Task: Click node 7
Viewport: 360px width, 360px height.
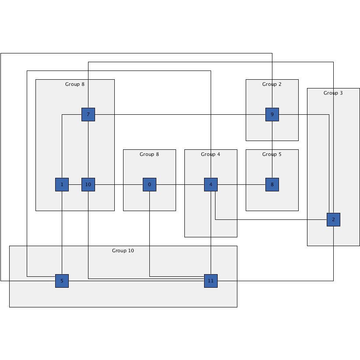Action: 88,114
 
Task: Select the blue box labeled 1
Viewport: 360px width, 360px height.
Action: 62,184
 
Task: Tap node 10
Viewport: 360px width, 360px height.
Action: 88,184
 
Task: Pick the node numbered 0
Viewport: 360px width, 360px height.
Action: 149,184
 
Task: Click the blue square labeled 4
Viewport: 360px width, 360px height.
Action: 211,184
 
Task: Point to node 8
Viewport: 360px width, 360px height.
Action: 272,184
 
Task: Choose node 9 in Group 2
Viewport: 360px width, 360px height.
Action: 272,114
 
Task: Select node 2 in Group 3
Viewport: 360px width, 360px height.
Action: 333,219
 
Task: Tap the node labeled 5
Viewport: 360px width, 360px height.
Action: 62,281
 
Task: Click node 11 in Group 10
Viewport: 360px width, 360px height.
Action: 211,281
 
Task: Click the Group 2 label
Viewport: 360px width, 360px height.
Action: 272,84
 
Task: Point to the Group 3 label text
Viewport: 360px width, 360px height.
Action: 333,93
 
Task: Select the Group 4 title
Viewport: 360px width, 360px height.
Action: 211,154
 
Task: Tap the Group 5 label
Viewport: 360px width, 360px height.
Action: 272,154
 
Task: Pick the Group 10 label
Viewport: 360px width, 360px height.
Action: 123,251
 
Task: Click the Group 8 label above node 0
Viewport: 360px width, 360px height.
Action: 149,154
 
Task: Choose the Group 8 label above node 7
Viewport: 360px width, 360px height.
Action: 75,84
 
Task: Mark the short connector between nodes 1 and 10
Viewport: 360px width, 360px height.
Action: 75,184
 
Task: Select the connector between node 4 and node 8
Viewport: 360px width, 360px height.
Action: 241,184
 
